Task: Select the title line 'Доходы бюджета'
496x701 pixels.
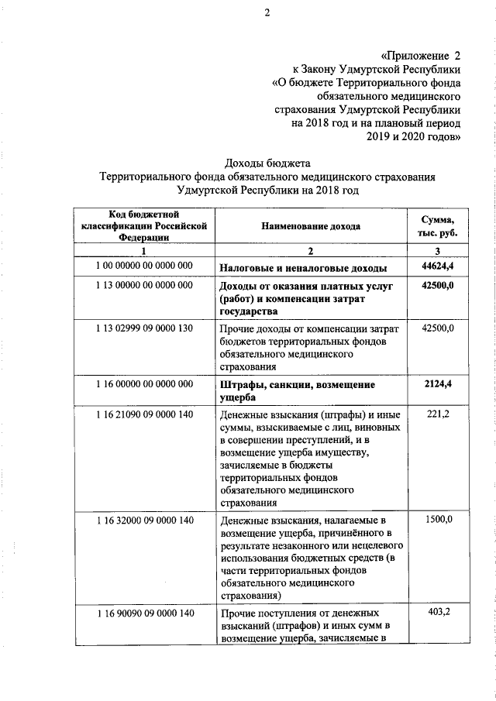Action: point(266,163)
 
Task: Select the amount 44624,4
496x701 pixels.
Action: point(437,266)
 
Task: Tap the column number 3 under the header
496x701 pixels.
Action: point(437,251)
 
